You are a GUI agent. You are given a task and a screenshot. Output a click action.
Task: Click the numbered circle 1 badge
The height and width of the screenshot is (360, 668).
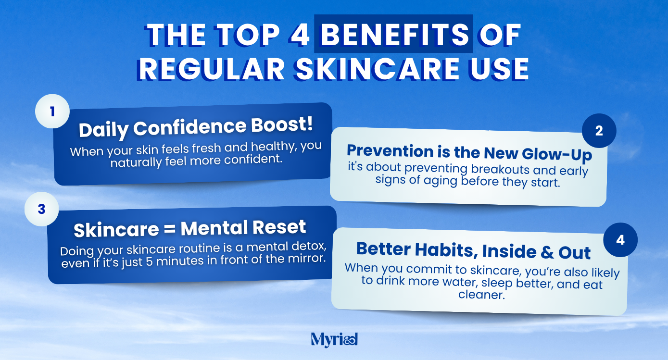(x=52, y=112)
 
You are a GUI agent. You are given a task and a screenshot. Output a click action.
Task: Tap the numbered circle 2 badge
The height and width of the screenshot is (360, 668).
(x=599, y=131)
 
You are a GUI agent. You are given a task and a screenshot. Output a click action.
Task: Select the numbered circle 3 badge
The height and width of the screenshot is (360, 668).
(x=42, y=209)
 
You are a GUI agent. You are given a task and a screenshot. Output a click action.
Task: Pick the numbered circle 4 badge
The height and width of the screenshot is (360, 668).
(x=620, y=240)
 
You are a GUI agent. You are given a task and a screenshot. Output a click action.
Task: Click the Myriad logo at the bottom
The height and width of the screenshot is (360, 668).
(x=334, y=340)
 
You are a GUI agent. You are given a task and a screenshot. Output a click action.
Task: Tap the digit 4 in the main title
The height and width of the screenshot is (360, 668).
(x=300, y=35)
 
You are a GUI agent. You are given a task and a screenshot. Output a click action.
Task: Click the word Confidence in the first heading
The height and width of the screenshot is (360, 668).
(x=189, y=127)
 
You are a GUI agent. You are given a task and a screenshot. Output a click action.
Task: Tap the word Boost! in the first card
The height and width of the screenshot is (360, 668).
(x=282, y=124)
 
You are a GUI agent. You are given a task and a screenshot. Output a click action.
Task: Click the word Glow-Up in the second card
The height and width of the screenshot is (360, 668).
(x=557, y=154)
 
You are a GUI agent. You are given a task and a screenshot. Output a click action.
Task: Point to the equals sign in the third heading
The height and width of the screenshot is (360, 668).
(x=169, y=229)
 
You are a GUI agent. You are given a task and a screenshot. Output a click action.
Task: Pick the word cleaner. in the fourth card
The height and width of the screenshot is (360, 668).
(x=481, y=295)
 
